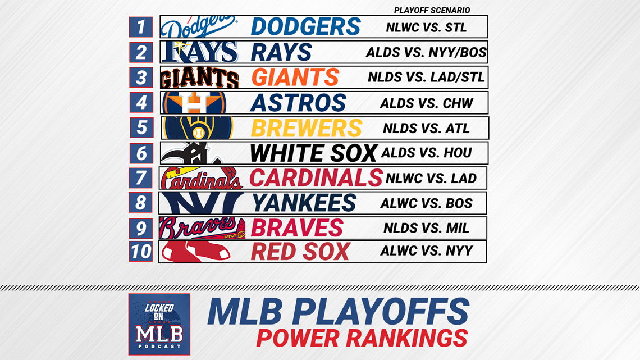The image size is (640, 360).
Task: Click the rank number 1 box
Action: [x=141, y=27]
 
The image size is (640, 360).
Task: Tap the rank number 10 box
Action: [x=141, y=251]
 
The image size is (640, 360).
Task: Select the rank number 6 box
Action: [x=141, y=153]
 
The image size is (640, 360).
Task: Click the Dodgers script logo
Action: [x=199, y=27]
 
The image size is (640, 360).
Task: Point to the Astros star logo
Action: [x=194, y=102]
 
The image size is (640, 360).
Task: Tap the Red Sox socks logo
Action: [x=196, y=252]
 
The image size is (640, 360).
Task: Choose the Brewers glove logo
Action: [x=198, y=128]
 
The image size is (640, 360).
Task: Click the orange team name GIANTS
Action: [x=295, y=77]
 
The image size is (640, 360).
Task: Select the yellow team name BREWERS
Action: [x=306, y=128]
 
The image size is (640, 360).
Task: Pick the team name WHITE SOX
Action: [x=313, y=153]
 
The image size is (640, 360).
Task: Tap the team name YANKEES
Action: [x=304, y=203]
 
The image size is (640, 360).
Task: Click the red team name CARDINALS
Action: [x=316, y=178]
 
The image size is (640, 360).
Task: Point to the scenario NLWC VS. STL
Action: [x=426, y=28]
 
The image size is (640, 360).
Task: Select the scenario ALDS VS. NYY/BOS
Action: [x=426, y=52]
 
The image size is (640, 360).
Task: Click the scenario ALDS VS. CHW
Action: [x=426, y=103]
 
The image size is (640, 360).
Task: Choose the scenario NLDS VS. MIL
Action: [x=426, y=228]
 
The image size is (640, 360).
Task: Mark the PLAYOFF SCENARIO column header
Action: [x=432, y=10]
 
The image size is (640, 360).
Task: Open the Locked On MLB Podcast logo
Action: [x=159, y=324]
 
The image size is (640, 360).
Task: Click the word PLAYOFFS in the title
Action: [x=381, y=312]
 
